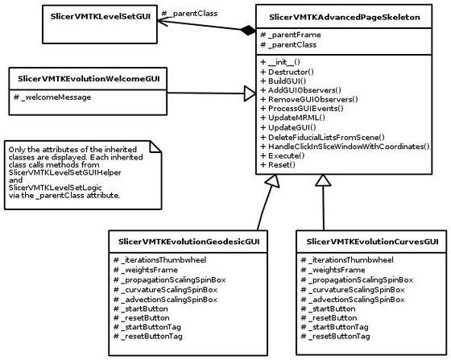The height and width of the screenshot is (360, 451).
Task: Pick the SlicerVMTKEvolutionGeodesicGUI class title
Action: [188, 242]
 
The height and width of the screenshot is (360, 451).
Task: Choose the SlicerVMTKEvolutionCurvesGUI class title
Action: [367, 242]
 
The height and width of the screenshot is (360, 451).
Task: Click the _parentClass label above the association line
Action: [188, 14]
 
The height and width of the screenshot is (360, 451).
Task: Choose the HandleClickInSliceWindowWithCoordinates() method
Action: [345, 147]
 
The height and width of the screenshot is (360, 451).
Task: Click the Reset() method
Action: [278, 165]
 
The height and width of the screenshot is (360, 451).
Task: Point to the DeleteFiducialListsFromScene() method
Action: [322, 137]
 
